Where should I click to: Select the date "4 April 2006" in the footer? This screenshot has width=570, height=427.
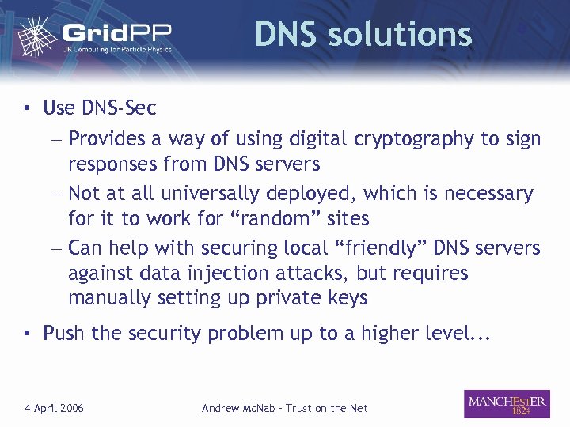(54, 408)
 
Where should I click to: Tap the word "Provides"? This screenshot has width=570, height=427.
(106, 139)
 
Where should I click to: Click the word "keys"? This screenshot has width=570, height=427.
(348, 298)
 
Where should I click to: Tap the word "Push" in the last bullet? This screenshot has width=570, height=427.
(63, 333)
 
